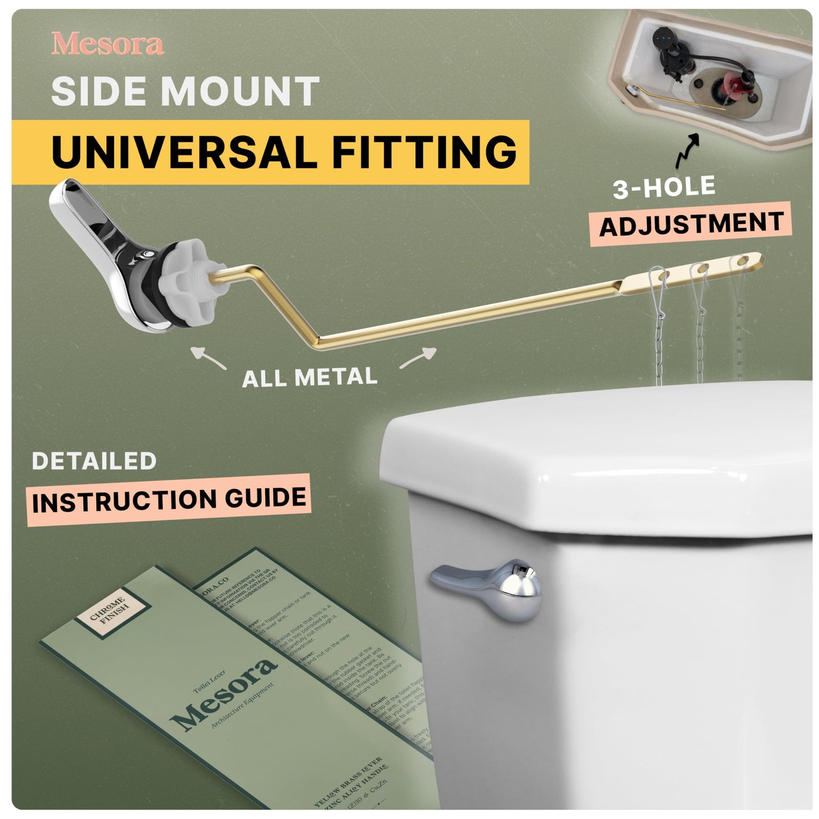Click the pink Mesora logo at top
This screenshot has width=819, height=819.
[108, 44]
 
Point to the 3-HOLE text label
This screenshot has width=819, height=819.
[664, 187]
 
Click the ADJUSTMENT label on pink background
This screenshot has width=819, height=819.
[691, 224]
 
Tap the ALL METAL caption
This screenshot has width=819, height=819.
[309, 377]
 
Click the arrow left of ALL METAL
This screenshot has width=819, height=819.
[209, 358]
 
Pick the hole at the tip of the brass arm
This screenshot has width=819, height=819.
[742, 261]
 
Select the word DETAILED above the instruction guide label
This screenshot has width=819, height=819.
[94, 461]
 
